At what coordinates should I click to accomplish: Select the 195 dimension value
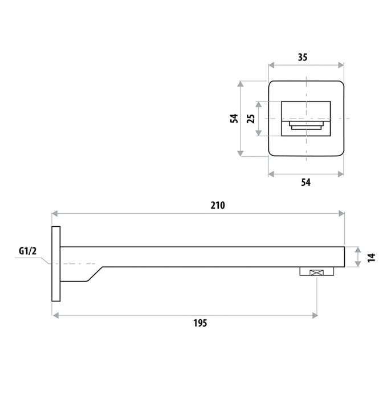pyautogui.click(x=199, y=323)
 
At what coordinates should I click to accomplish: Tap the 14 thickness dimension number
pyautogui.click(x=371, y=257)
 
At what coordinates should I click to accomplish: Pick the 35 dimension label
pyautogui.click(x=306, y=57)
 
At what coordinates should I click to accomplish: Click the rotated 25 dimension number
pyautogui.click(x=250, y=119)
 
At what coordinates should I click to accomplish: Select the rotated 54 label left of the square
pyautogui.click(x=233, y=119)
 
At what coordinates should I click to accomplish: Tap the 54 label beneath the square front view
pyautogui.click(x=306, y=182)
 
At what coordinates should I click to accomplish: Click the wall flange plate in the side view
pyautogui.click(x=56, y=264)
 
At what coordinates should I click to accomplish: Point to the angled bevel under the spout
pyautogui.click(x=93, y=274)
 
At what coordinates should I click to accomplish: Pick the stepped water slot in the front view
pyautogui.click(x=307, y=125)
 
